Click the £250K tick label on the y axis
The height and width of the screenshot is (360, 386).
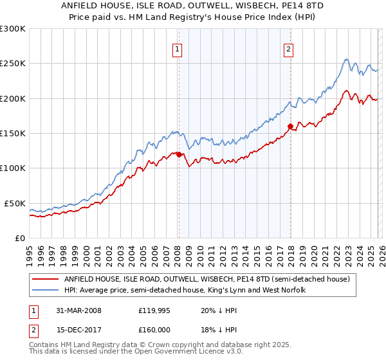pos(13,64)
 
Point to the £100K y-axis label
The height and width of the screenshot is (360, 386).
pos(13,168)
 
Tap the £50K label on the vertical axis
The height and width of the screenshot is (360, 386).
pos(15,203)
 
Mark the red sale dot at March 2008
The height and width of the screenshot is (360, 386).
pos(179,154)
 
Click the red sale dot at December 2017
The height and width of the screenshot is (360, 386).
pos(290,126)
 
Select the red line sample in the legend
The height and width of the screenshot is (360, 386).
pos(46,280)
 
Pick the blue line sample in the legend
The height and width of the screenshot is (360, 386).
pos(46,291)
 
